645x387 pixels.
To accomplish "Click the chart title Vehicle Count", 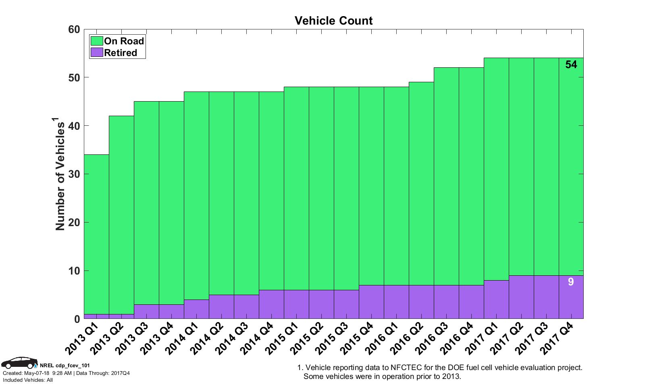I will point(333,21).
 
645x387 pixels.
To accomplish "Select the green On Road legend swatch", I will point(97,41).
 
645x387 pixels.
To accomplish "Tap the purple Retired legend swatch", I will point(97,53).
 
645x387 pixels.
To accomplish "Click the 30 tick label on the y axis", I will point(74,174).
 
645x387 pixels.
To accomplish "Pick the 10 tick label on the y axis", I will point(74,271).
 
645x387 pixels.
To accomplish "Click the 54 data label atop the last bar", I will point(571,64).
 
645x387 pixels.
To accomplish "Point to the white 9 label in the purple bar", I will point(571,282).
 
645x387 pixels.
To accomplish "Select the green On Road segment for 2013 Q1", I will point(96,234).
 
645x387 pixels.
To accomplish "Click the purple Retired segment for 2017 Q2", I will point(521,297).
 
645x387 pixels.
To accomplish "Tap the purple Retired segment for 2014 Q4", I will point(271,304).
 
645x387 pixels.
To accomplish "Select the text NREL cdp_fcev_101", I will point(65,366).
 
